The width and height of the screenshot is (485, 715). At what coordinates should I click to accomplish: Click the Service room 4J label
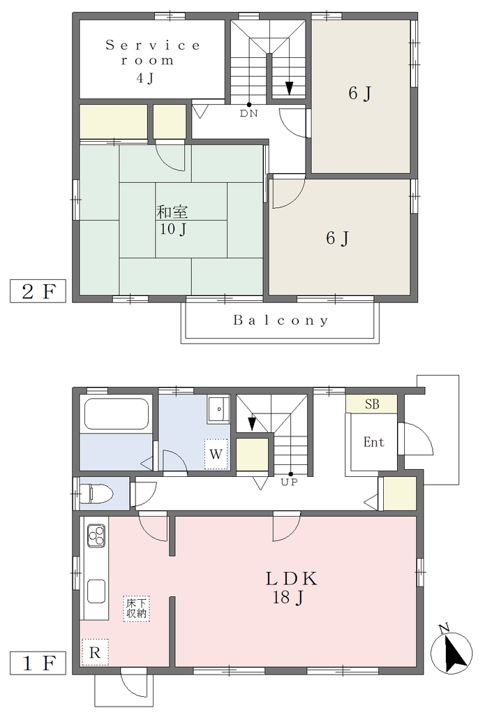(x=153, y=61)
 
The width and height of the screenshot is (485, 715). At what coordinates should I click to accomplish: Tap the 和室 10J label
(x=172, y=220)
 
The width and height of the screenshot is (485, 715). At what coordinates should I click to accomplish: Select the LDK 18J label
(x=291, y=587)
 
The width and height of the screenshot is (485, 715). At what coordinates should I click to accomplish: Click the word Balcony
(x=281, y=320)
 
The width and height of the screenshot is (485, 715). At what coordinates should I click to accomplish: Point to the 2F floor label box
(x=38, y=291)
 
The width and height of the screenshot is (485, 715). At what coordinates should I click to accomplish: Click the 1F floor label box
(x=38, y=663)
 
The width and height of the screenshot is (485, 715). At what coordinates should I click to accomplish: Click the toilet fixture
(x=96, y=494)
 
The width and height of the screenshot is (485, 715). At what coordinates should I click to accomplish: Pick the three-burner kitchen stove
(x=96, y=535)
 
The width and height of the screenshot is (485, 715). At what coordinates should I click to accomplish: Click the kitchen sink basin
(x=96, y=591)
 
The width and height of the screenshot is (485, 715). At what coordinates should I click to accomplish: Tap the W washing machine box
(x=216, y=454)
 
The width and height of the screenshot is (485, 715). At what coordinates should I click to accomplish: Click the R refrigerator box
(x=95, y=653)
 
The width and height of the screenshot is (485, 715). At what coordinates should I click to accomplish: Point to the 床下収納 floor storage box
(x=136, y=608)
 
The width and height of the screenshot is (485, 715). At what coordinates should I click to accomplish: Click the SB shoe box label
(x=372, y=404)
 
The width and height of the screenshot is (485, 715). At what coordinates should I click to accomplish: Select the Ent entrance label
(x=373, y=442)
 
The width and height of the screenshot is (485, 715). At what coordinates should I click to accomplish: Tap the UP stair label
(x=288, y=482)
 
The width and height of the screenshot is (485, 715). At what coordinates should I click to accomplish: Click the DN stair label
(x=249, y=114)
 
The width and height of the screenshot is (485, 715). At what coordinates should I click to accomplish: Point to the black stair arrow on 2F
(x=290, y=88)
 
